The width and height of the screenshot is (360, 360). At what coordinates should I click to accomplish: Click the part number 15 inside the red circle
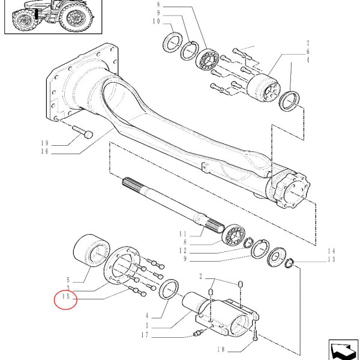[65, 298]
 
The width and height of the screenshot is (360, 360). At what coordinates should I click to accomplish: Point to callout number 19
[62, 143]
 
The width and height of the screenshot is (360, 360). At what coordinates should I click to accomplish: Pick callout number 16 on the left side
[62, 152]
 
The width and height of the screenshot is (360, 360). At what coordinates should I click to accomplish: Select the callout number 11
[184, 233]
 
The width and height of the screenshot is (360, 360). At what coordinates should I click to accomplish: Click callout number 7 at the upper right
[308, 43]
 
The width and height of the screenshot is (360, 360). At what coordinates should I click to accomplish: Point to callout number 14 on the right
[331, 251]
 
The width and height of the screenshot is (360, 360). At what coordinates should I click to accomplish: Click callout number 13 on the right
[331, 259]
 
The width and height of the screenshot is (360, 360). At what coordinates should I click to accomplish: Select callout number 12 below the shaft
[184, 250]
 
